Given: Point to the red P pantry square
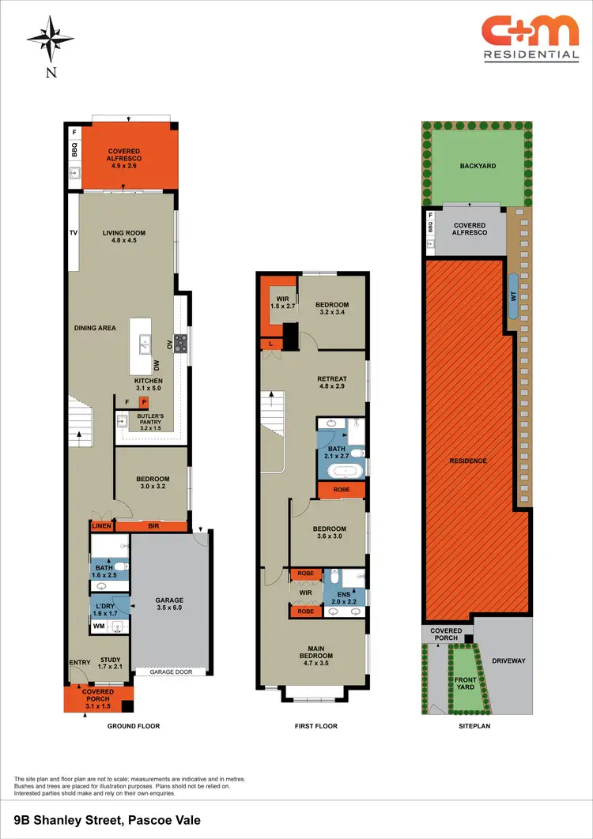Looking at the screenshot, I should (143, 402).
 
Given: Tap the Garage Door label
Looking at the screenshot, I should (173, 672).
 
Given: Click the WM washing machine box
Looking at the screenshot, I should (99, 626).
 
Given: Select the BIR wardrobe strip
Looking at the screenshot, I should (152, 525).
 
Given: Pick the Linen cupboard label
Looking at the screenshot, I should (101, 526).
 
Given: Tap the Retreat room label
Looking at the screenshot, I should (332, 383).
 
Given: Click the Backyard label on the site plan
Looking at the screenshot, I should (478, 167).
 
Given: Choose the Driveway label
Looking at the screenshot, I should (508, 660).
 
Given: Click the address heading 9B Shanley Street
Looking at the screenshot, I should (108, 820).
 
